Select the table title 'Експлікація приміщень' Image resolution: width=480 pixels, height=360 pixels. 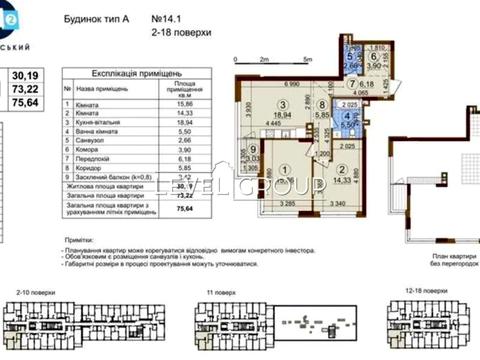[123, 75]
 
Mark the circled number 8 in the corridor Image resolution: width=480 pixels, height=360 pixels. [321, 103]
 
